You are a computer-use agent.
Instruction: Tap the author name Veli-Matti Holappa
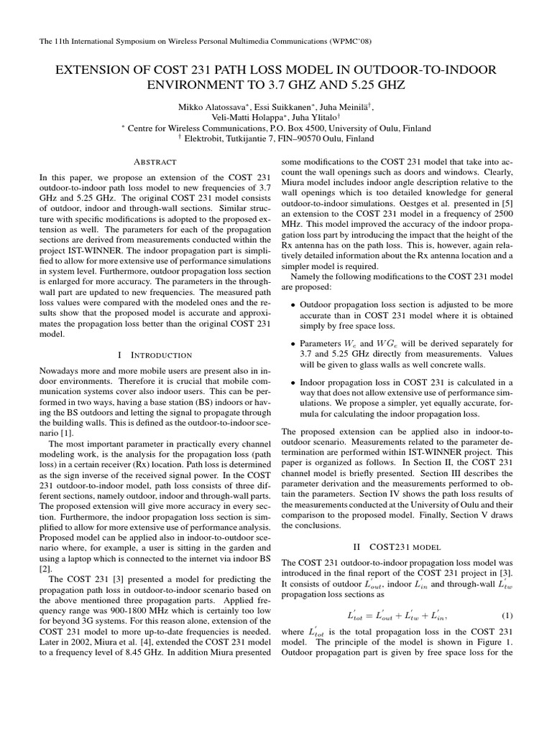[244, 117]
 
